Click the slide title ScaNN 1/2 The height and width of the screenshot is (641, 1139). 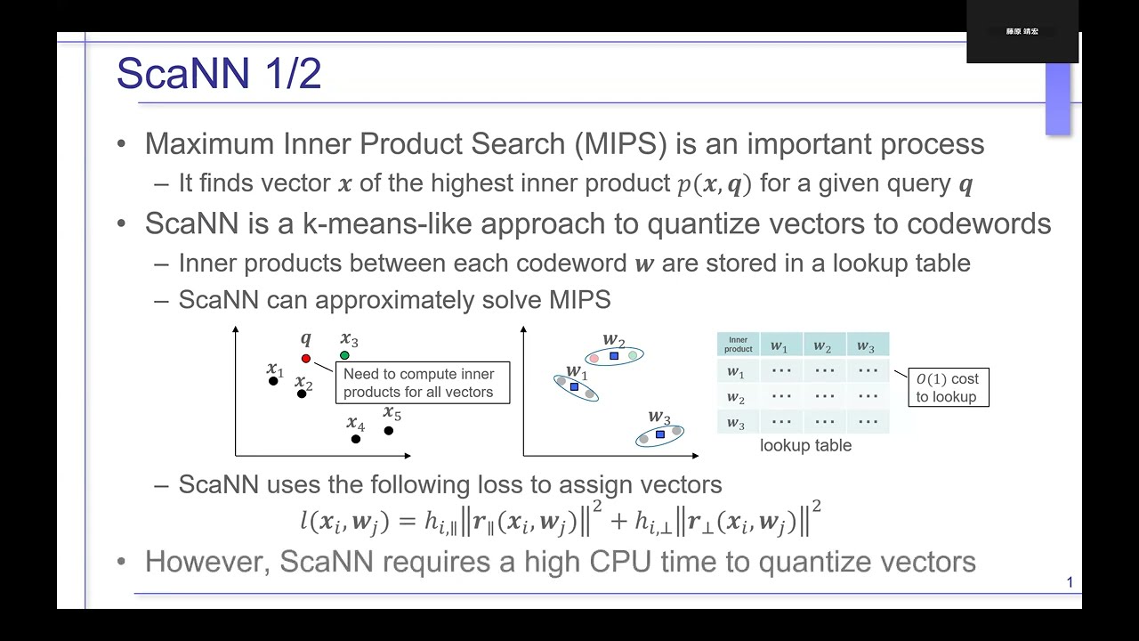point(219,73)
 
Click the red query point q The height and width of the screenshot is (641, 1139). point(306,359)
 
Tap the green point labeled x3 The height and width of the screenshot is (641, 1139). point(344,356)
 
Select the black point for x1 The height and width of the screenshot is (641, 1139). point(273,381)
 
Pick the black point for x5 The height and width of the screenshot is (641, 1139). point(389,431)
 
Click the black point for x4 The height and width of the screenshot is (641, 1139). point(356,439)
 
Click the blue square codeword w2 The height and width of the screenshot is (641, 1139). point(614,356)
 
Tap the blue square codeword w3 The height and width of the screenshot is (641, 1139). point(659,434)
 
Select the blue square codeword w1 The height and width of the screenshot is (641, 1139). point(574,387)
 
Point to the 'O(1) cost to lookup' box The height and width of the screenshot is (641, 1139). point(948,388)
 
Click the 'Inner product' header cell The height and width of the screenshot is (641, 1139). point(738,345)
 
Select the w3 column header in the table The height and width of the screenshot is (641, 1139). point(866,345)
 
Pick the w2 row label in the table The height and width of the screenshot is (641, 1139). point(736,397)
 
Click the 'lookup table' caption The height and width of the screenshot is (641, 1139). point(805,446)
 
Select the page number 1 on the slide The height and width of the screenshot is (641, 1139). point(1070,583)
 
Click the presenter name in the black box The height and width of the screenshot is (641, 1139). point(1022,31)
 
